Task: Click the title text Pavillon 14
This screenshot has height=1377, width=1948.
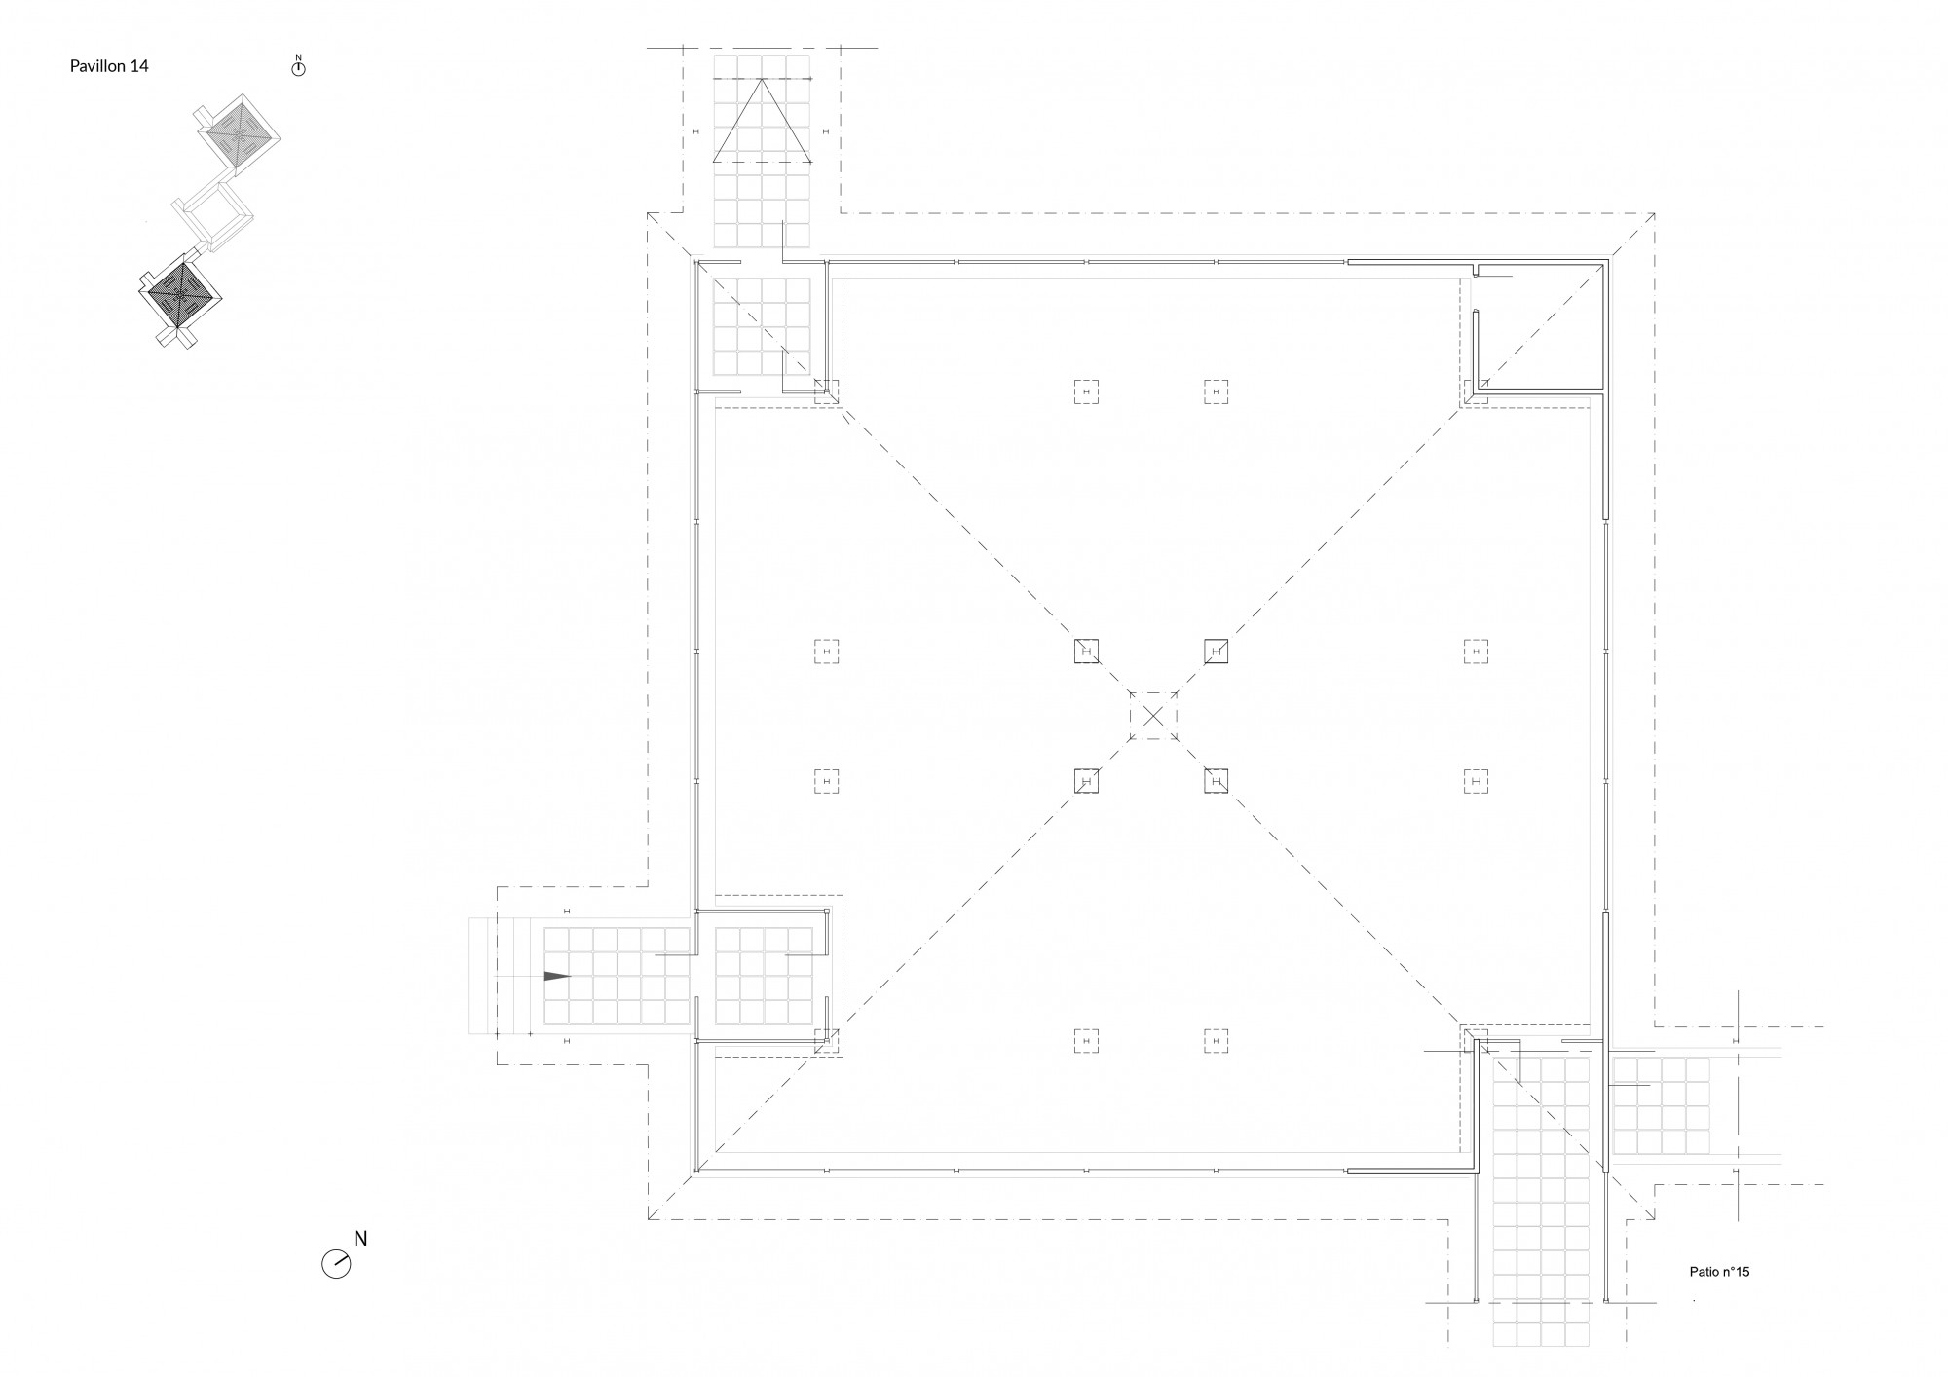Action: tap(109, 66)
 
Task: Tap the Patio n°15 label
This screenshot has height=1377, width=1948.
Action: tap(1719, 1272)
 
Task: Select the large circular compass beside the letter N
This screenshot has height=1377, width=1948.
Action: tap(336, 1264)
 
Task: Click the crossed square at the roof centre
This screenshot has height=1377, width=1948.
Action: tap(1153, 716)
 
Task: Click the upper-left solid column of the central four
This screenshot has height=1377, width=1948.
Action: tap(1086, 651)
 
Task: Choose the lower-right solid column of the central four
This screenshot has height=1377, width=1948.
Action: tap(1216, 781)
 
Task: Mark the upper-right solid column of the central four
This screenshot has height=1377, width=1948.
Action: tap(1216, 651)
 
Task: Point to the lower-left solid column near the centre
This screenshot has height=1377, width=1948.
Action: tap(1086, 781)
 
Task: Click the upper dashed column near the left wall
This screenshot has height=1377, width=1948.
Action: tap(826, 651)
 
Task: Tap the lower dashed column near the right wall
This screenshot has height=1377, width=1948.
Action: tap(1477, 781)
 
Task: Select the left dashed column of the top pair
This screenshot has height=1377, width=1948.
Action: tap(1086, 391)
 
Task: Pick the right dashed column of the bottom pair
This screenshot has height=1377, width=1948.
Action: tap(1216, 1041)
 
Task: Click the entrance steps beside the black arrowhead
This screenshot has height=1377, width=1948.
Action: tap(506, 976)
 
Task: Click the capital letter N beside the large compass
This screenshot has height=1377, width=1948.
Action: tap(360, 1239)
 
